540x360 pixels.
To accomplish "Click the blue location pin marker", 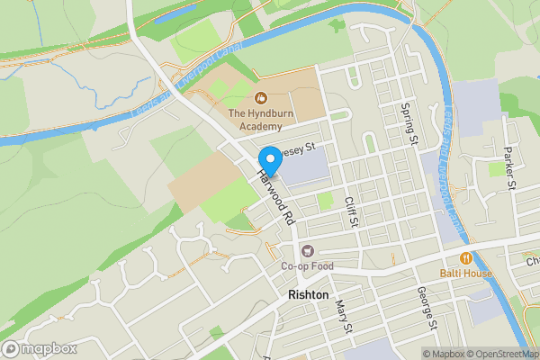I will coord(268,161).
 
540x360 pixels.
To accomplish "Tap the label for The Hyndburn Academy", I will coord(260,113).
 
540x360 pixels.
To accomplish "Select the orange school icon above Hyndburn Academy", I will coord(261,97).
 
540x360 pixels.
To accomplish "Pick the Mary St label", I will coord(343,318).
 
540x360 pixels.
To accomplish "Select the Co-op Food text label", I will coord(307,266).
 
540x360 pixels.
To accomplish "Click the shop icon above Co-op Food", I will coord(308,251).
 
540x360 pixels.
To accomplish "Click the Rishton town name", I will coord(309,294).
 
